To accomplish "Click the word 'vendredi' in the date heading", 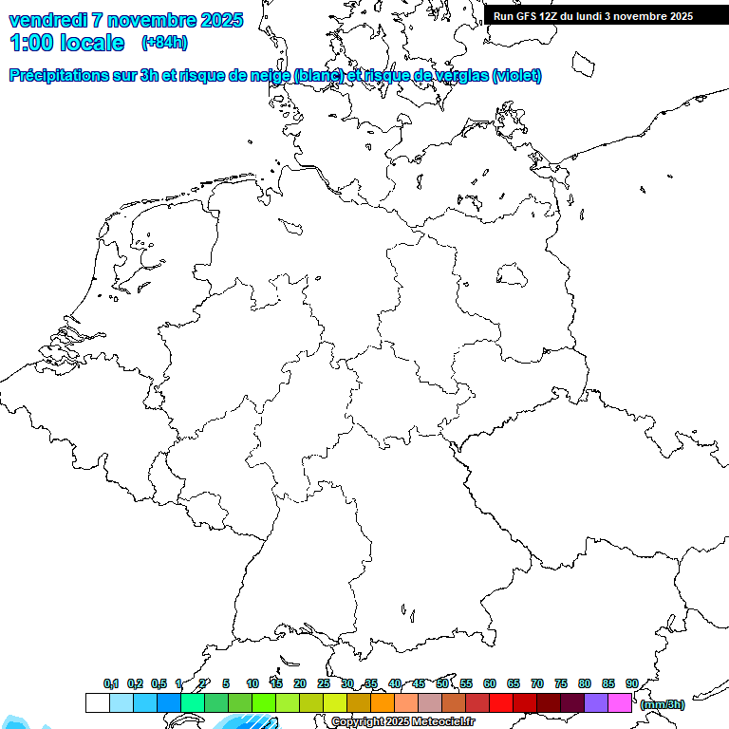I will [x=48, y=20].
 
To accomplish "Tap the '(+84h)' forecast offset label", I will [x=164, y=43].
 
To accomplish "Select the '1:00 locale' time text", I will [x=66, y=43].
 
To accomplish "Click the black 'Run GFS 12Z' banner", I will [x=606, y=15].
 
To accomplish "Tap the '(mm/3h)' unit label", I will [x=663, y=704].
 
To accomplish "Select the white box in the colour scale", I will [x=97, y=702].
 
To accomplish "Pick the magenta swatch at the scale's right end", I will [x=620, y=702].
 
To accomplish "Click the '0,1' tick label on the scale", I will [x=111, y=684].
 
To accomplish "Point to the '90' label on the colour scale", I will [x=632, y=683].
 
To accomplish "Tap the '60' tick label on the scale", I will [x=490, y=683].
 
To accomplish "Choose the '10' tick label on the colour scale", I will [x=252, y=683].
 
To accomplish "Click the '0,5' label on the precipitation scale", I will [x=159, y=684].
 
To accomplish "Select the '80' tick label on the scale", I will [x=585, y=683].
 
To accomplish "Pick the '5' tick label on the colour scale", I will [x=226, y=683].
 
